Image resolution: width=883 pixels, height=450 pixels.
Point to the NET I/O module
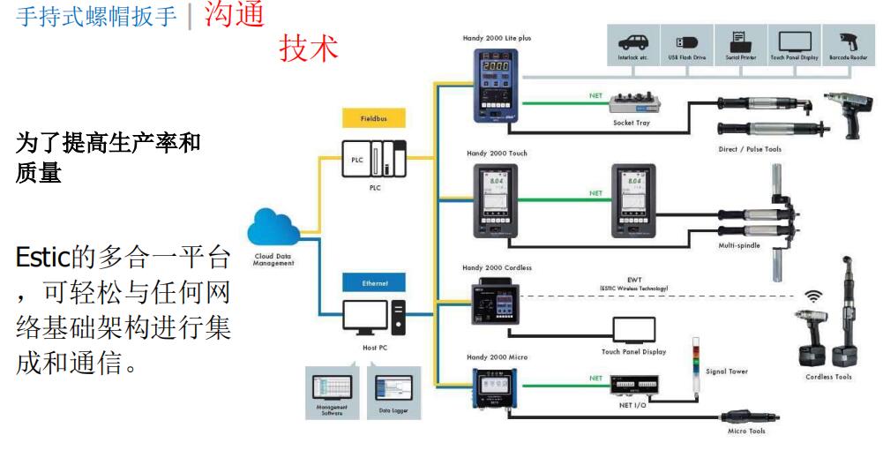click(638, 386)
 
